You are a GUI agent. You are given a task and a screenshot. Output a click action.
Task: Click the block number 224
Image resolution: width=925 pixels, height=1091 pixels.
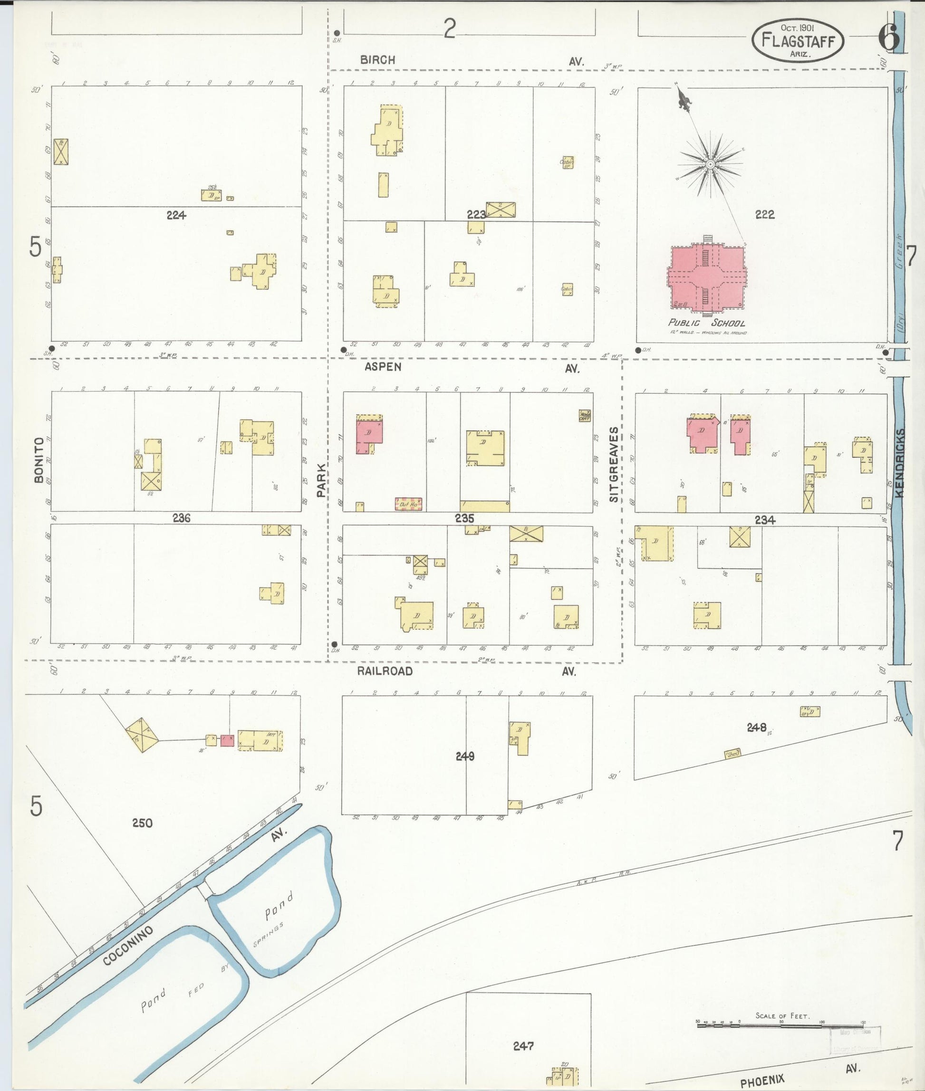(x=176, y=214)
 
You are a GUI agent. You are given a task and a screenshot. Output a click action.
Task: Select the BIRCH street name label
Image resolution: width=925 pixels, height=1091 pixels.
(x=377, y=60)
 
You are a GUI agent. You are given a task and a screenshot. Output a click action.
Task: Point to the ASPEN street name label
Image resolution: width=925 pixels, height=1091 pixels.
(x=383, y=367)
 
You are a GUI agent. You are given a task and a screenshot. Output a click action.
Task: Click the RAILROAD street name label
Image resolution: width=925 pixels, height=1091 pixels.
(x=385, y=671)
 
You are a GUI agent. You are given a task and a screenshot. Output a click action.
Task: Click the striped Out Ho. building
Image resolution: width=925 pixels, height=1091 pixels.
(x=408, y=504)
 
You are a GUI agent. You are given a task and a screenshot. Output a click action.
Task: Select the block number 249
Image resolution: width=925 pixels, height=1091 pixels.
(x=465, y=756)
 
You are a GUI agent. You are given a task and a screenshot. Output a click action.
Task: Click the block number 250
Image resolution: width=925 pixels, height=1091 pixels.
(x=142, y=823)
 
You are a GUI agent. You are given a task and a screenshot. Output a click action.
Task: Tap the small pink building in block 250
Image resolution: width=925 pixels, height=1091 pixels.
(x=227, y=740)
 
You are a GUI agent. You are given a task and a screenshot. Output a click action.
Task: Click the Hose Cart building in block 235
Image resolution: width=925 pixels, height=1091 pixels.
(x=585, y=415)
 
